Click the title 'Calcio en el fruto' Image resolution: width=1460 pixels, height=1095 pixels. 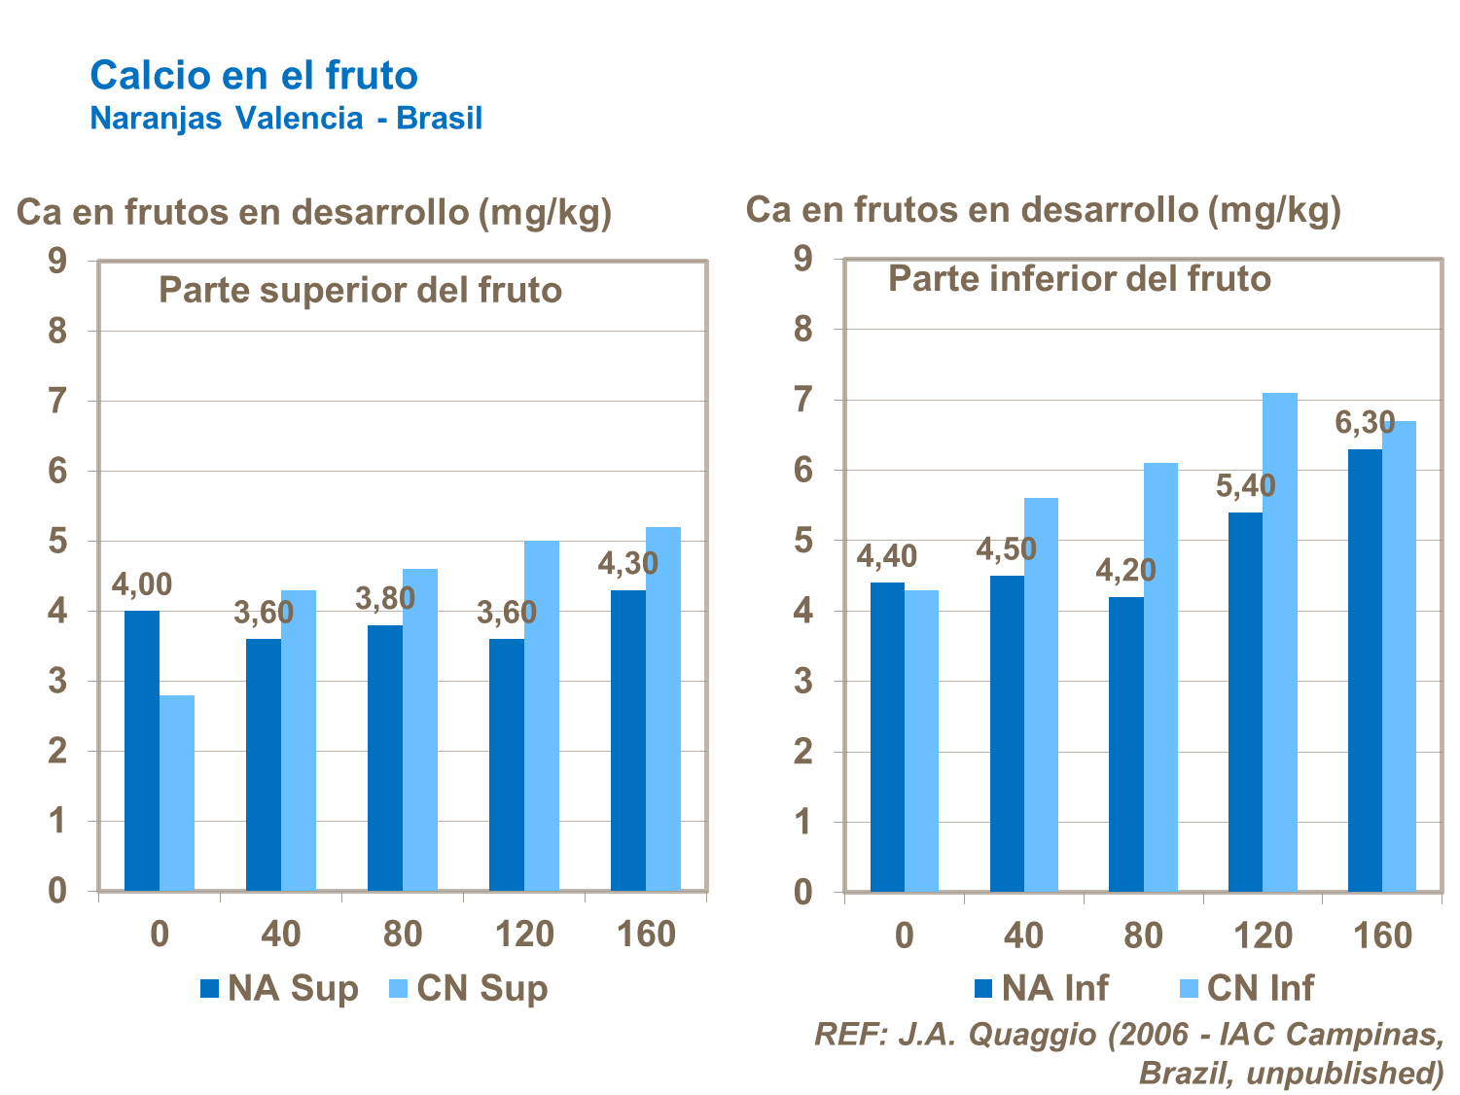tap(254, 75)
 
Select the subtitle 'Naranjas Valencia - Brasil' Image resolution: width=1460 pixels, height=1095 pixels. tap(286, 119)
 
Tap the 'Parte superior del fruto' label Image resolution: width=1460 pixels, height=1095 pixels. tap(360, 290)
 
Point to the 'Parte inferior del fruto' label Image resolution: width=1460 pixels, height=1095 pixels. tap(1080, 279)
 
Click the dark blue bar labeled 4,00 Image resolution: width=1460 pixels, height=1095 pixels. tap(142, 751)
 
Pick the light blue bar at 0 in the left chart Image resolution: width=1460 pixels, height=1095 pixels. tap(177, 793)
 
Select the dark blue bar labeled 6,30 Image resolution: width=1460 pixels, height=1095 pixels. tap(1365, 671)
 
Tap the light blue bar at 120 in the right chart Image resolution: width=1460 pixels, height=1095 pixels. tap(1280, 642)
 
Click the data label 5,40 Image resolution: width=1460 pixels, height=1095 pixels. tap(1245, 485)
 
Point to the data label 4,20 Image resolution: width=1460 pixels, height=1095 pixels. tap(1125, 570)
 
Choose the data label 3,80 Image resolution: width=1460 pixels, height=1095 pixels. tap(385, 599)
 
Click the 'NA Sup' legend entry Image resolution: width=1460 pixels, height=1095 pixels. tap(280, 989)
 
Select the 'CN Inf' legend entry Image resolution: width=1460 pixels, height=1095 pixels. tap(1247, 988)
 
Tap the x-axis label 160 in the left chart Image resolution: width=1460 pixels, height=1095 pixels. tap(646, 935)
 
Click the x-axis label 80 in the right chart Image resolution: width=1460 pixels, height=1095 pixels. tap(1143, 936)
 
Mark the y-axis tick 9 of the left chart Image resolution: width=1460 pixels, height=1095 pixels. tap(58, 261)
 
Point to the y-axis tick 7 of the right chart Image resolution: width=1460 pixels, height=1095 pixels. tap(803, 400)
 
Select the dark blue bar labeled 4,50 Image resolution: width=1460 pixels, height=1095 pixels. tap(1007, 734)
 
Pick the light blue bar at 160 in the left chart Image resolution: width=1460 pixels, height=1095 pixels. tap(663, 709)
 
